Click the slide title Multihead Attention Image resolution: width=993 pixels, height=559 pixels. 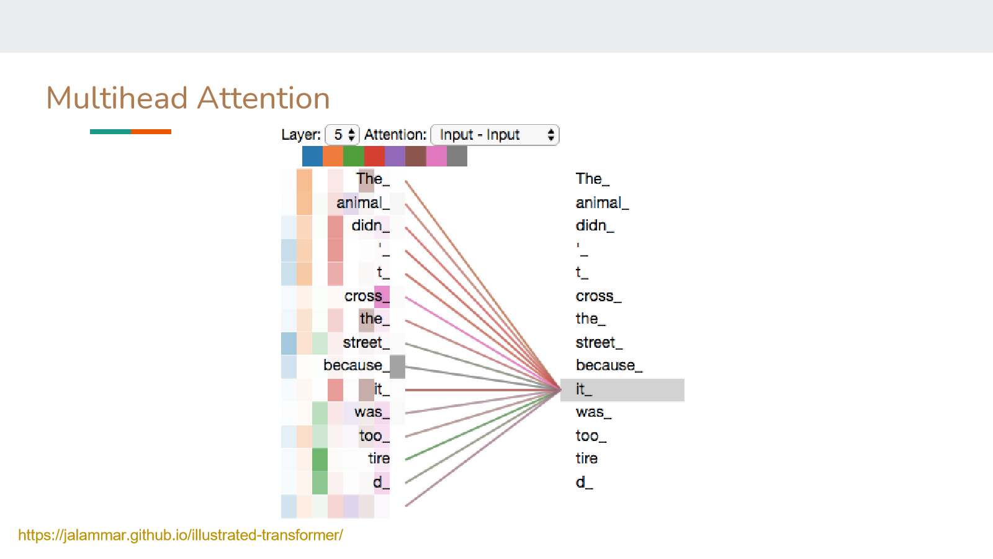(188, 98)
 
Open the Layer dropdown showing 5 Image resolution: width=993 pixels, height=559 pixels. (342, 135)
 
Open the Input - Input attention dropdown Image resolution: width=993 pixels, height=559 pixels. (495, 135)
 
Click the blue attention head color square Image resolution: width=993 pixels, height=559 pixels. (312, 156)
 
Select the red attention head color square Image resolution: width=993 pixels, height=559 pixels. (374, 156)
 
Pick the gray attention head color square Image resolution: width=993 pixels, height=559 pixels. (457, 156)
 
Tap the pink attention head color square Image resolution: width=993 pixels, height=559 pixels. (436, 156)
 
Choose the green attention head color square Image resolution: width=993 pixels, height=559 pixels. (353, 156)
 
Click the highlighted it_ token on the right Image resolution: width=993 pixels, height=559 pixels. (622, 390)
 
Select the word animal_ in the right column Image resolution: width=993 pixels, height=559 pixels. (602, 203)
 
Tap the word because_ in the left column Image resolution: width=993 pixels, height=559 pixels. (356, 366)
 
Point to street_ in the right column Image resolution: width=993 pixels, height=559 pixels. (599, 342)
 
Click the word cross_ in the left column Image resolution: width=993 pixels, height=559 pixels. (367, 296)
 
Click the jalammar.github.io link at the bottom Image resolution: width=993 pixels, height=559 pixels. (181, 535)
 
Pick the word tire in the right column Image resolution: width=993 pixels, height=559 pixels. (586, 458)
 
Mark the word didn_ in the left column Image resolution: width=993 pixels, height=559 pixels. (371, 225)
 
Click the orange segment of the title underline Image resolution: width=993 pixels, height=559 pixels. (151, 132)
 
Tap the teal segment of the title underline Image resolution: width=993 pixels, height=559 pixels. (110, 132)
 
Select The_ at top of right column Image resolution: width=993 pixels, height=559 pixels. (592, 179)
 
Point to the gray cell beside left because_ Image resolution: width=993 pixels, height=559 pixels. (397, 366)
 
